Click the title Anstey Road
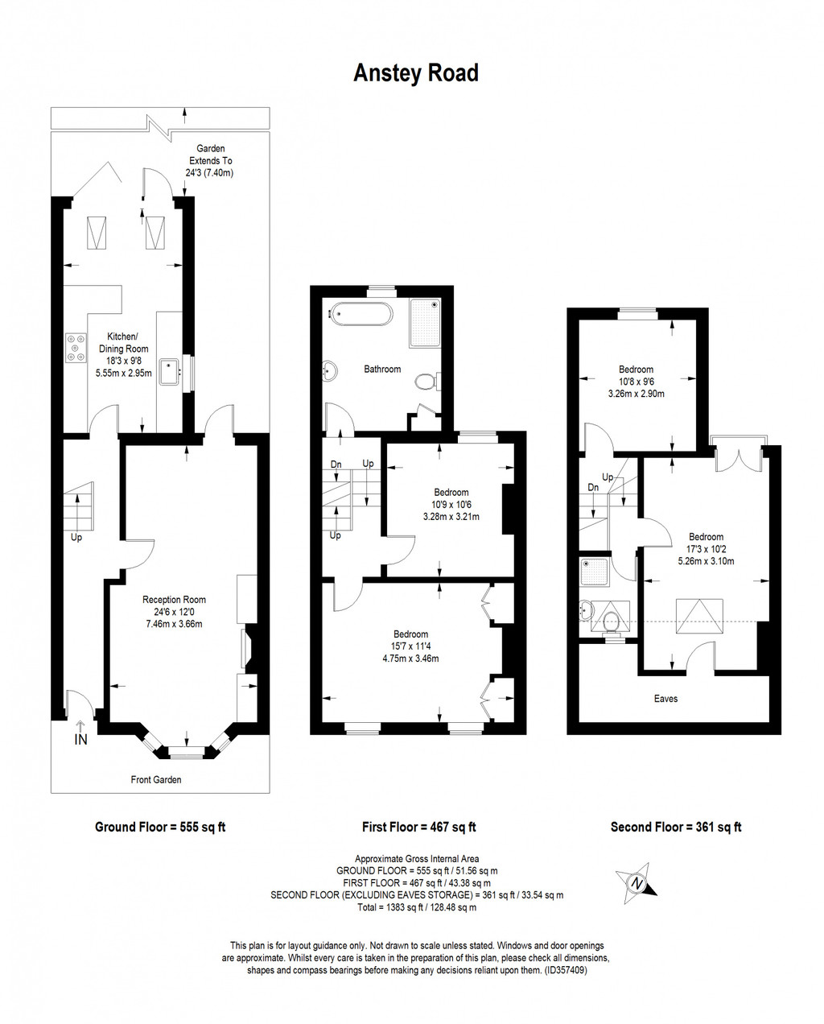point(416,73)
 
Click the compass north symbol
point(637,883)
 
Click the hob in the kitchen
point(77,348)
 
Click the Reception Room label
point(174,599)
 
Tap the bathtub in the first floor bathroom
point(360,314)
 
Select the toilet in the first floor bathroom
point(426,381)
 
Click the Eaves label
point(665,698)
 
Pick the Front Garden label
point(156,779)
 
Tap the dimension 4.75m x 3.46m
point(410,658)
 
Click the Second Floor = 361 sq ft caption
point(676,827)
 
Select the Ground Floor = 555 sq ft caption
point(160,827)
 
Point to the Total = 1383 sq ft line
point(417,907)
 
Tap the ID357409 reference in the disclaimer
point(566,970)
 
